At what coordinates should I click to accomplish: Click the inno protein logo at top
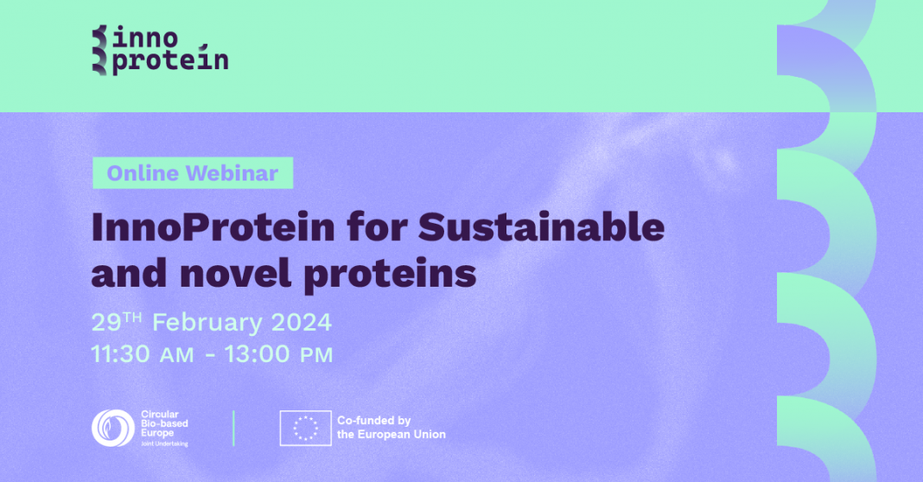pyautogui.click(x=160, y=50)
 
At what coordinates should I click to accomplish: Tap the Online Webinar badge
pyautogui.click(x=193, y=173)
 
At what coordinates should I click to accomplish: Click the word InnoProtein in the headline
pyautogui.click(x=213, y=226)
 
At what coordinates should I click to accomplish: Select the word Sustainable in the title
pyautogui.click(x=542, y=226)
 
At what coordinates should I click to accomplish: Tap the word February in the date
pyautogui.click(x=207, y=323)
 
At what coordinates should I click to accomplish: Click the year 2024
pyautogui.click(x=302, y=322)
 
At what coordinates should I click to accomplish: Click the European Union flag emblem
pyautogui.click(x=306, y=428)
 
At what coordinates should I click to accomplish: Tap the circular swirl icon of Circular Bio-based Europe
pyautogui.click(x=113, y=428)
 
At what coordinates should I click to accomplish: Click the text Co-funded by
pyautogui.click(x=374, y=421)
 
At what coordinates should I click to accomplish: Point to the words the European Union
pyautogui.click(x=391, y=434)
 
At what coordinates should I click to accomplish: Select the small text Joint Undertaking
pyautogui.click(x=164, y=444)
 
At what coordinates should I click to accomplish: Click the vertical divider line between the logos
pyautogui.click(x=233, y=428)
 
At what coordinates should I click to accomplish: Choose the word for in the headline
pyautogui.click(x=377, y=226)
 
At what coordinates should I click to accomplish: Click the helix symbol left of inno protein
pyautogui.click(x=100, y=50)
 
